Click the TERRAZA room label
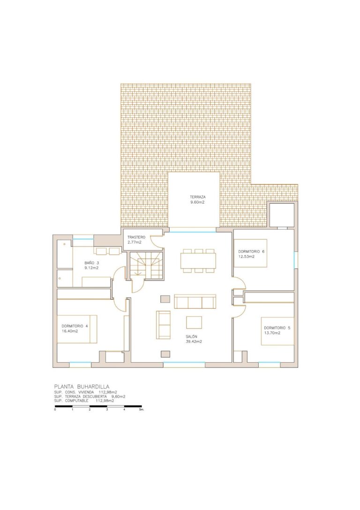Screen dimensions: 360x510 [197, 197]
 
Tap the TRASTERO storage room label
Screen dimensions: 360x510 [136, 237]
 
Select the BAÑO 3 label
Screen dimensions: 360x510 [91, 263]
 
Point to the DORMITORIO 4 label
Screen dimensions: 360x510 [75, 326]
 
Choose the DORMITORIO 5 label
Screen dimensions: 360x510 [277, 328]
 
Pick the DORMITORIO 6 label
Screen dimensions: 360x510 [251, 251]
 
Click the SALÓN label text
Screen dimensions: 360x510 [192, 337]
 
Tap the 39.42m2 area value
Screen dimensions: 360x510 [194, 342]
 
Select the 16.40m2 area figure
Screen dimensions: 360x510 [70, 331]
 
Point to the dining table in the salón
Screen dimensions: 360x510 [198, 261]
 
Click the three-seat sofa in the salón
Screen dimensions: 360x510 [195, 302]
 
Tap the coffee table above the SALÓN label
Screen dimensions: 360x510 [194, 322]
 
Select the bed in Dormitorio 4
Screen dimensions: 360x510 [77, 329]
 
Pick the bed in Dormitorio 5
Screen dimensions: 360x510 [278, 331]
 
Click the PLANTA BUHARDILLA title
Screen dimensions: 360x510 [82, 387]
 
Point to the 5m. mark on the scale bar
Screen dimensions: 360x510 [142, 410]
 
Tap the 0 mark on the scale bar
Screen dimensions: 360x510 [55, 410]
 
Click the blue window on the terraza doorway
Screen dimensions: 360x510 [192, 232]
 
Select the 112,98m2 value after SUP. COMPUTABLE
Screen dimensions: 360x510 [105, 401]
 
